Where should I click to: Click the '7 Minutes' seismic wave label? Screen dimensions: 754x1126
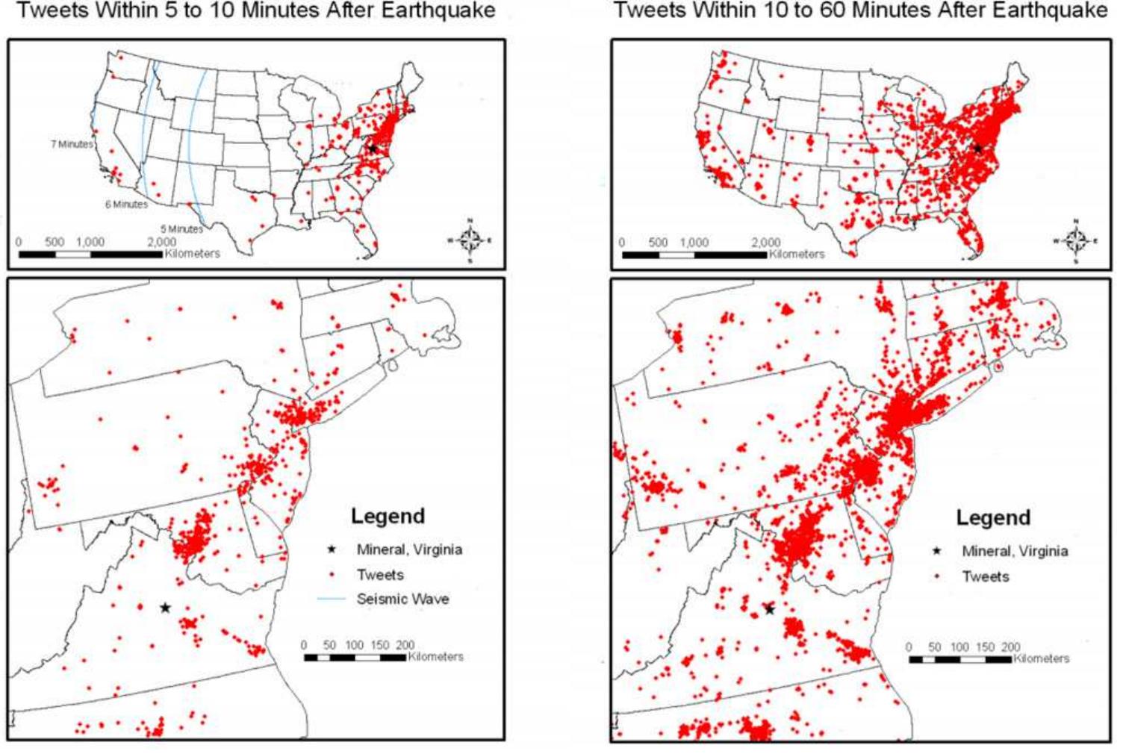tap(72, 144)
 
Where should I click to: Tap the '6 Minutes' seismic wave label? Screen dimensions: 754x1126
tap(125, 205)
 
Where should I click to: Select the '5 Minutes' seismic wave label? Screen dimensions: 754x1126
tap(181, 229)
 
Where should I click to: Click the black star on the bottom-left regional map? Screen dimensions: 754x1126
tap(165, 608)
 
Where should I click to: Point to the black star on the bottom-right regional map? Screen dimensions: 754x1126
tap(770, 610)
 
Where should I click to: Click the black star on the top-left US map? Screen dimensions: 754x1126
tap(372, 149)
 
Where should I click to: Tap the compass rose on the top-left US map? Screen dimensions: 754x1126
tap(470, 240)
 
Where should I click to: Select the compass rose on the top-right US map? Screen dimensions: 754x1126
tap(1075, 240)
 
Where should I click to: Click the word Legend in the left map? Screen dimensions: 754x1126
tap(388, 516)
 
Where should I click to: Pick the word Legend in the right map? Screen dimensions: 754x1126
tap(993, 517)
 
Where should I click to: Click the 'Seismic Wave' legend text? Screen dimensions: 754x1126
tap(402, 599)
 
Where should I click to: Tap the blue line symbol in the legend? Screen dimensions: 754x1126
tap(331, 599)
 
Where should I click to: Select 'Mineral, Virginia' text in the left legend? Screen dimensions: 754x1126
tap(409, 549)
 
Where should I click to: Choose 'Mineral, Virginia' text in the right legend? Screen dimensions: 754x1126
tap(1014, 551)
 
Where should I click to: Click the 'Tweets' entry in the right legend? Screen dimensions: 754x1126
tap(985, 576)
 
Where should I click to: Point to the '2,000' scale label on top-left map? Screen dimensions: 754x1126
tap(161, 242)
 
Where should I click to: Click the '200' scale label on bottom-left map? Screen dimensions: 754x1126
tap(404, 645)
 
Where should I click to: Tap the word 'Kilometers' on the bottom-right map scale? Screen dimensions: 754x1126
tap(1041, 658)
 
